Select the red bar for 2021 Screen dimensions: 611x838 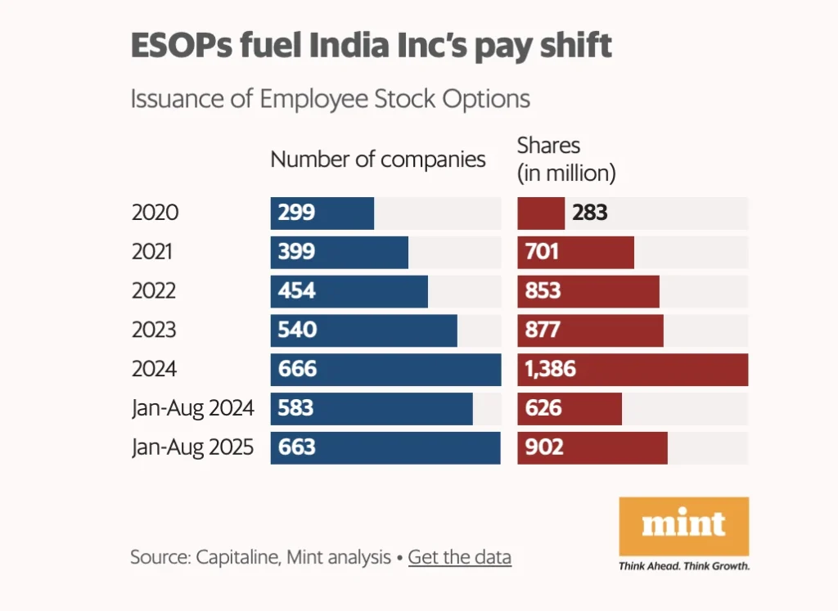(575, 252)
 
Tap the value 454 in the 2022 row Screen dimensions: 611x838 (296, 291)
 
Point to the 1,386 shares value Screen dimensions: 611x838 (547, 370)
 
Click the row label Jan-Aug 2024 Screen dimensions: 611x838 (193, 407)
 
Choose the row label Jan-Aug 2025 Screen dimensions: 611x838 (193, 447)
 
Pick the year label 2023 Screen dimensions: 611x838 (154, 330)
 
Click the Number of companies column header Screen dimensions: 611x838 (378, 159)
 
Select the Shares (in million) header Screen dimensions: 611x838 (566, 159)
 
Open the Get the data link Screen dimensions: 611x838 (459, 558)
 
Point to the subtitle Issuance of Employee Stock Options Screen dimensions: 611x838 (331, 99)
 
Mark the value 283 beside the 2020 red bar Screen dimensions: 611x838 (590, 213)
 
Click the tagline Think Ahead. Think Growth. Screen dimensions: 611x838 (684, 566)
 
